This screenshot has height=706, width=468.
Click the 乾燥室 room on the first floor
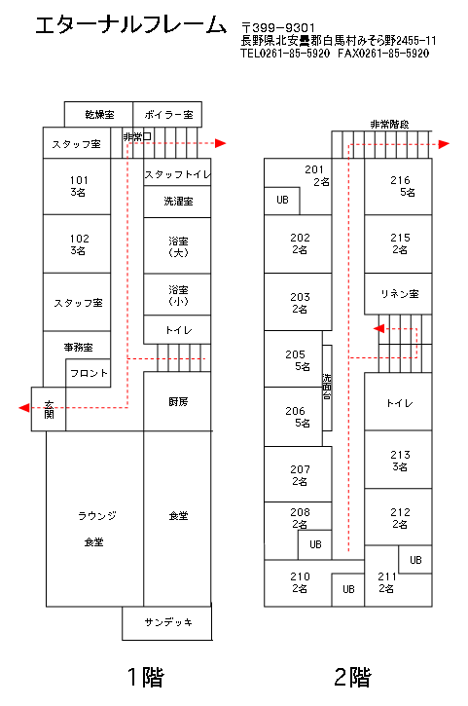[x=98, y=114]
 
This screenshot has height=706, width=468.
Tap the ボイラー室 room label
[x=168, y=115]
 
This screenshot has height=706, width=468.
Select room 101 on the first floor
[x=77, y=186]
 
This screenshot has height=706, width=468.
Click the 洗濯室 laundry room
[x=177, y=202]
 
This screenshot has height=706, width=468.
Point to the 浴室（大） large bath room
[x=177, y=245]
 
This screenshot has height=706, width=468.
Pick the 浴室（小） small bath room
[x=177, y=294]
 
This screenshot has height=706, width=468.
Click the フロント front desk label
[x=90, y=373]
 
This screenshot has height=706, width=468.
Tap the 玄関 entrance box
[x=49, y=409]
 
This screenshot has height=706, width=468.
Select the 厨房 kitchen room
[x=177, y=401]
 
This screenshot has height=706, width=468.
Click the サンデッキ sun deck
[x=167, y=623]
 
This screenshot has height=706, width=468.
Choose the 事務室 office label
[x=78, y=347]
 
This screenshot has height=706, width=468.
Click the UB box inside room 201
[x=282, y=201]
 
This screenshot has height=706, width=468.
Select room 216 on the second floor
[x=398, y=186]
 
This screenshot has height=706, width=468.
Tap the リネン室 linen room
[x=398, y=293]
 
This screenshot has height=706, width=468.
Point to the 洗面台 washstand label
[x=327, y=387]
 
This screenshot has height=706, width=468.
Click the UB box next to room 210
[x=348, y=590]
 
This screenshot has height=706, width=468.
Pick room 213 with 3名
[x=398, y=460]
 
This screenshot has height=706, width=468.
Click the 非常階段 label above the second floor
[x=389, y=125]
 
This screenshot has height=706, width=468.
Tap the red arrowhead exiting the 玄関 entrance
[x=24, y=408]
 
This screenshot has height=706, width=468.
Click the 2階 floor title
[x=353, y=677]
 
